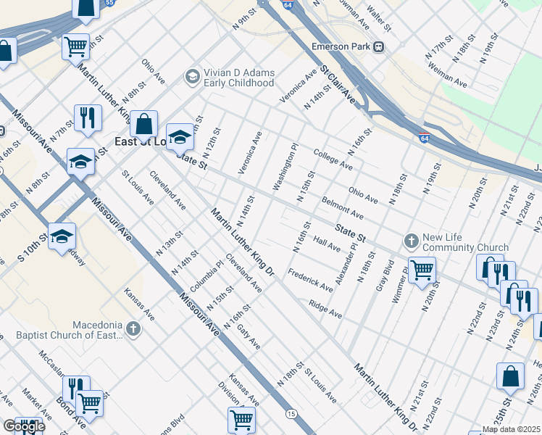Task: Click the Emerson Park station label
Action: (341, 46)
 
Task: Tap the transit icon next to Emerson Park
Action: (379, 46)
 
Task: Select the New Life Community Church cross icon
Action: (411, 240)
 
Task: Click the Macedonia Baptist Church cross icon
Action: (132, 330)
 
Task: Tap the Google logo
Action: (23, 426)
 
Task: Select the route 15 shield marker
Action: (291, 413)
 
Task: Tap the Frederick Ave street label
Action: (309, 280)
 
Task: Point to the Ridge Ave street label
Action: (325, 310)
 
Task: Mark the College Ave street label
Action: (333, 159)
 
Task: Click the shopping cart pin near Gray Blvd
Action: (422, 270)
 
